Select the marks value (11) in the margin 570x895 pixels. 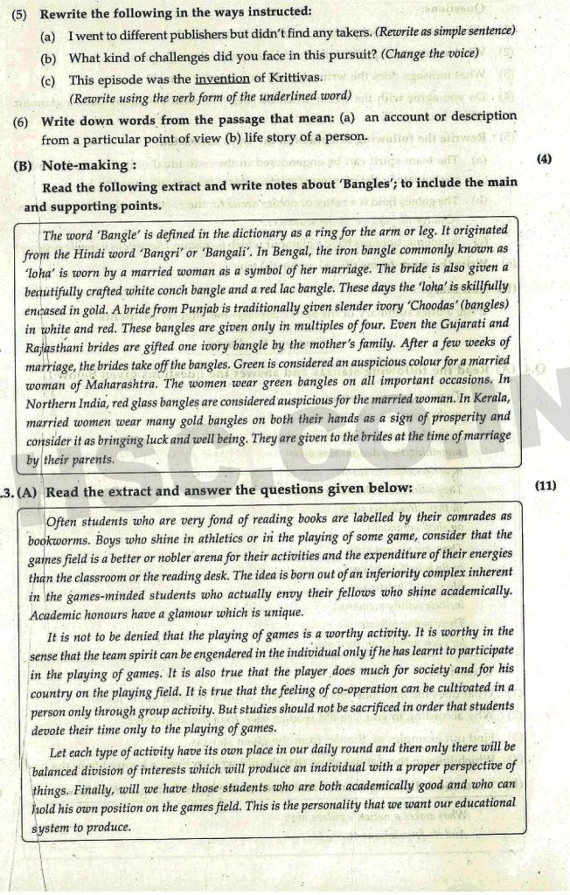pyautogui.click(x=544, y=486)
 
